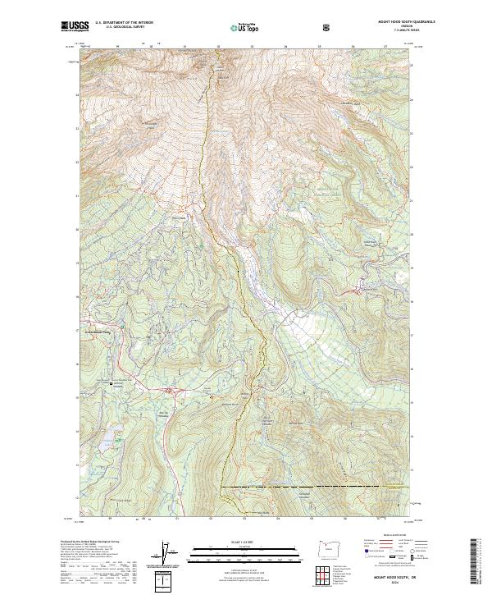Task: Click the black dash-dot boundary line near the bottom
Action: [x=312, y=487]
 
